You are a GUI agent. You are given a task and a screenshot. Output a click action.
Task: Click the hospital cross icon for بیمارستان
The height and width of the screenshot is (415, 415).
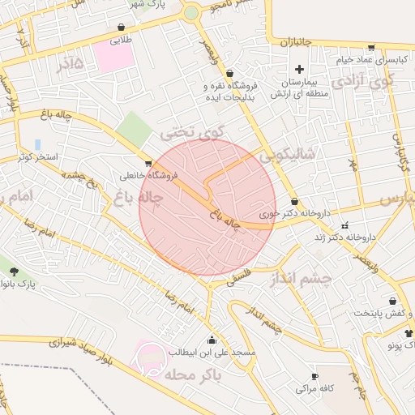pos(299,69)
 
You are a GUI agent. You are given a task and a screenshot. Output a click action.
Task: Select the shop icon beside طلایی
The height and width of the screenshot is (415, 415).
pos(121,27)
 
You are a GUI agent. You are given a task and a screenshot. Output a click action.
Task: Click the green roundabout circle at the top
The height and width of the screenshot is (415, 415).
pos(191,13)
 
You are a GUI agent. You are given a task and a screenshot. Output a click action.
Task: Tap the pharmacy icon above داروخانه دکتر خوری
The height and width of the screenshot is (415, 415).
pos(293,202)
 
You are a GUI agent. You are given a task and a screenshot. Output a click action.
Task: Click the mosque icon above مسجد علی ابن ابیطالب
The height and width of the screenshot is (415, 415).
pos(212,340)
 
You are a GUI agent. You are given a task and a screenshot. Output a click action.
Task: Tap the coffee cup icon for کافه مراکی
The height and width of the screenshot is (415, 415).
pos(314,377)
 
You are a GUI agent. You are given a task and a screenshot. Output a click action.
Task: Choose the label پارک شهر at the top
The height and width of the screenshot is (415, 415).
pos(148,4)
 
